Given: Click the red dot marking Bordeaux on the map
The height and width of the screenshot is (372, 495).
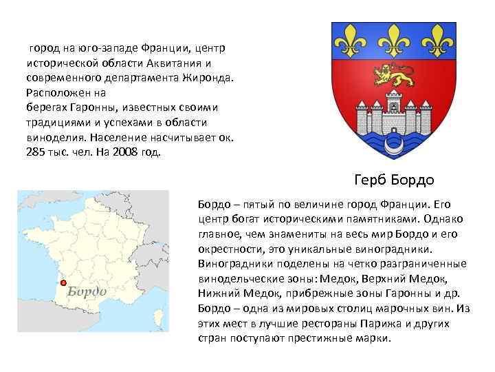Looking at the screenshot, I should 63,282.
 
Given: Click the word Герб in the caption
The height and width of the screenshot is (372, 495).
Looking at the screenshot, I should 371,180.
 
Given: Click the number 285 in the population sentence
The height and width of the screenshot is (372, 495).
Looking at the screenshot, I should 35,152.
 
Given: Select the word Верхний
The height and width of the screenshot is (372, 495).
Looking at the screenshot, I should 412,278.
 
